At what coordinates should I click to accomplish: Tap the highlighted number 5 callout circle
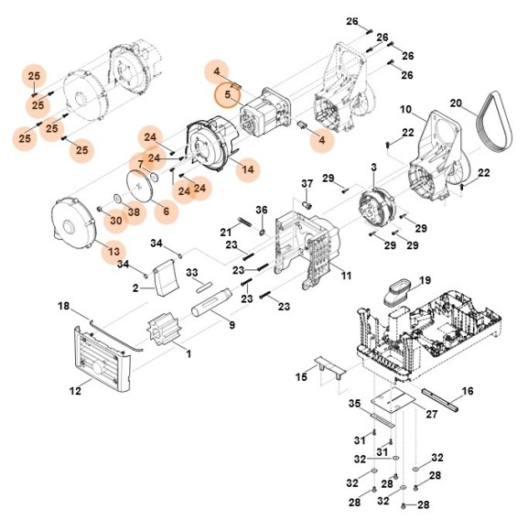coord(225,93)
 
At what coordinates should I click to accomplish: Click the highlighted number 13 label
coord(113,250)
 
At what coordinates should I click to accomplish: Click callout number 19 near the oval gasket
coord(425,279)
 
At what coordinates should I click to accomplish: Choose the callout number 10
coord(405,110)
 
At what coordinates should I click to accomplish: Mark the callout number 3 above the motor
coord(373,168)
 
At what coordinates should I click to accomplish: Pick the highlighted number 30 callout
coord(115,220)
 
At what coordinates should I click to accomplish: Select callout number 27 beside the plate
coord(432,415)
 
